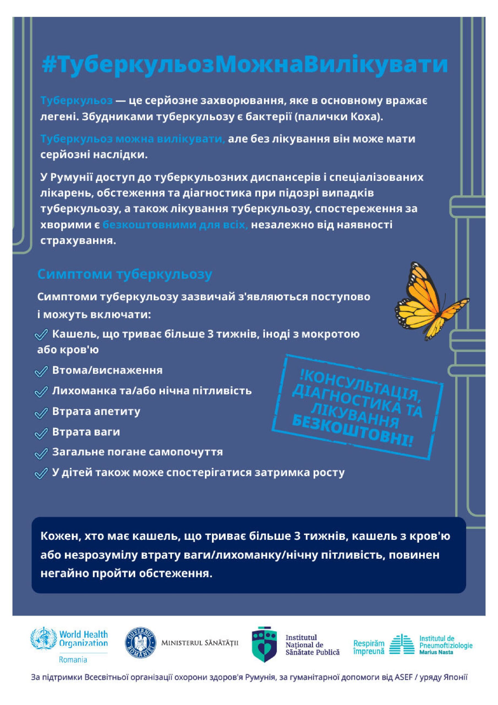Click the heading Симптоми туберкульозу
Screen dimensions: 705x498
point(124,274)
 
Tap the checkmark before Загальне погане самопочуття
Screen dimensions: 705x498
point(41,453)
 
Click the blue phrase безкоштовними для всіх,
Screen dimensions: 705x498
point(175,225)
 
